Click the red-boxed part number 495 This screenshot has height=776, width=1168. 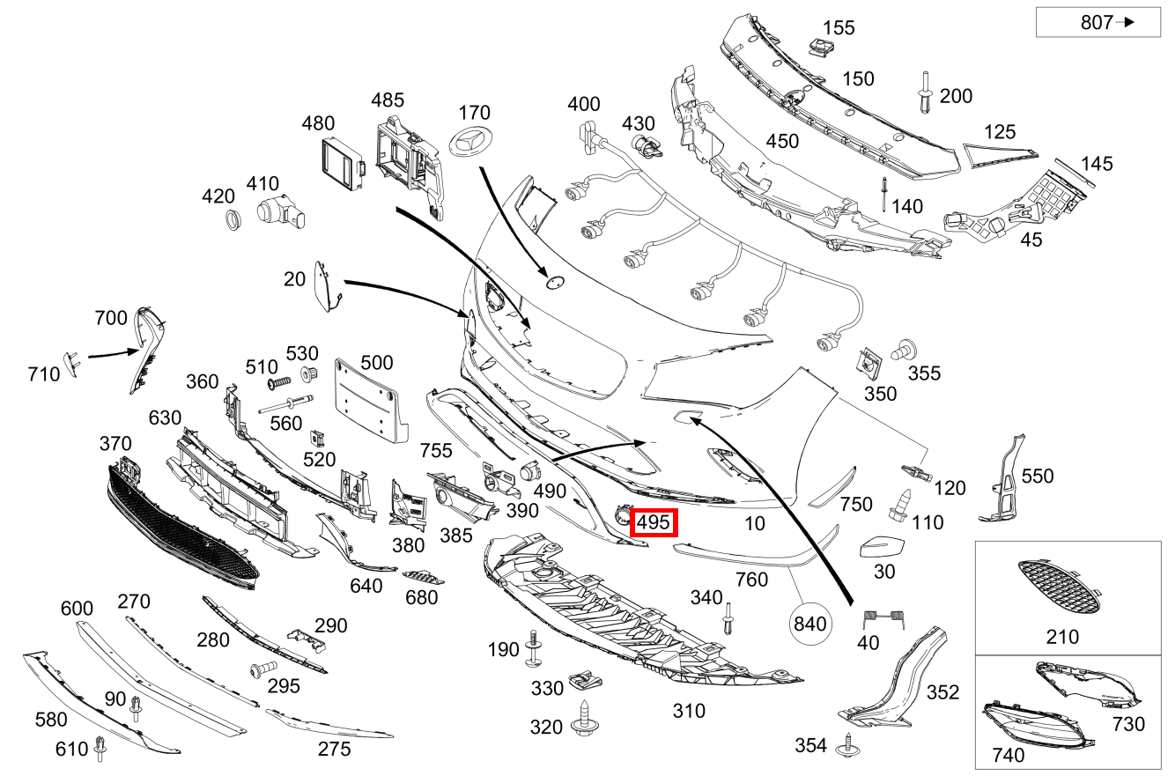click(654, 522)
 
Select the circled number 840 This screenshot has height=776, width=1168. click(809, 624)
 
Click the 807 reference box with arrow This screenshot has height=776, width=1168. click(1098, 23)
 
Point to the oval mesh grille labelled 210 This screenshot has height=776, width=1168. click(1057, 588)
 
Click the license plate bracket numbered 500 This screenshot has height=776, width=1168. click(372, 401)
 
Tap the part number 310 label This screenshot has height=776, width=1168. click(689, 710)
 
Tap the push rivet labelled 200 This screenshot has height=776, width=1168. click(925, 93)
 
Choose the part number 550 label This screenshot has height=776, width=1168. click(1038, 477)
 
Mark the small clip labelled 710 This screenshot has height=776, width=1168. click(71, 362)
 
